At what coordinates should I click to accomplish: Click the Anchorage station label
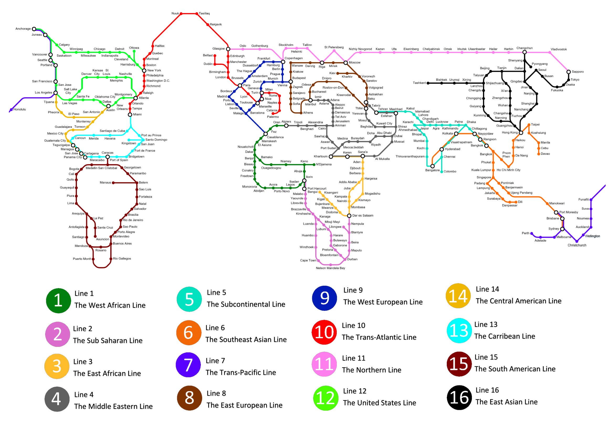tap(23, 29)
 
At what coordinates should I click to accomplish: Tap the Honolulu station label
tap(19, 110)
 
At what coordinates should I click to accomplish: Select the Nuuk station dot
tap(181, 13)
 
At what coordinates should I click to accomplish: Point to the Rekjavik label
tap(216, 24)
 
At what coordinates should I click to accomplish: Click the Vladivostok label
tap(559, 49)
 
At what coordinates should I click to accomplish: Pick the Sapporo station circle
tap(569, 72)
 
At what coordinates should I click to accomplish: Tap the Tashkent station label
tap(419, 83)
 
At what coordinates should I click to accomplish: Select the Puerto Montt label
tap(82, 259)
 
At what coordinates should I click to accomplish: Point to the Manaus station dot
tap(113, 183)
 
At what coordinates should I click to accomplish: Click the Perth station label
tap(526, 233)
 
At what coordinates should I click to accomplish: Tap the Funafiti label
tap(584, 200)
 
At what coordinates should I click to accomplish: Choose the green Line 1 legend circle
tap(58, 301)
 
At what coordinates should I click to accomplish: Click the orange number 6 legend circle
tap(189, 333)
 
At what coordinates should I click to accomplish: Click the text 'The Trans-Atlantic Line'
tap(379, 337)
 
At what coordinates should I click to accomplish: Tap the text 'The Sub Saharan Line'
tap(108, 341)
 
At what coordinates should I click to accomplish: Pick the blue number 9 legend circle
tap(325, 298)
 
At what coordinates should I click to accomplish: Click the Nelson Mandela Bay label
tap(330, 268)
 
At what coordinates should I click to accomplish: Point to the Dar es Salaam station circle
tap(349, 216)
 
